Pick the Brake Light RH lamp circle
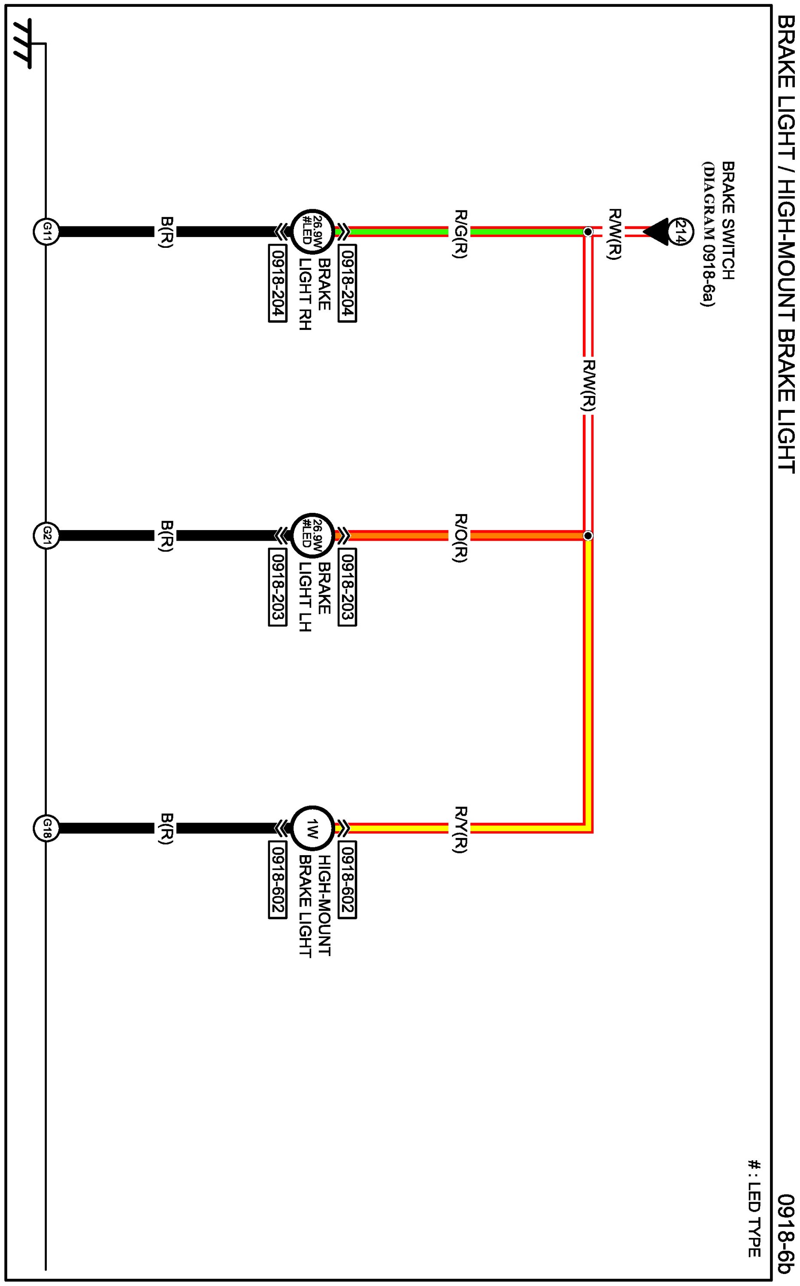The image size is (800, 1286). pos(312,232)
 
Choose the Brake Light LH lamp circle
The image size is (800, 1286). pos(312,536)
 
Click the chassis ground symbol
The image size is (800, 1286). pos(22,44)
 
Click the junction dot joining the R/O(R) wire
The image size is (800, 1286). pos(588,536)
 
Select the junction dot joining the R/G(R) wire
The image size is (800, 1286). pos(588,232)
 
